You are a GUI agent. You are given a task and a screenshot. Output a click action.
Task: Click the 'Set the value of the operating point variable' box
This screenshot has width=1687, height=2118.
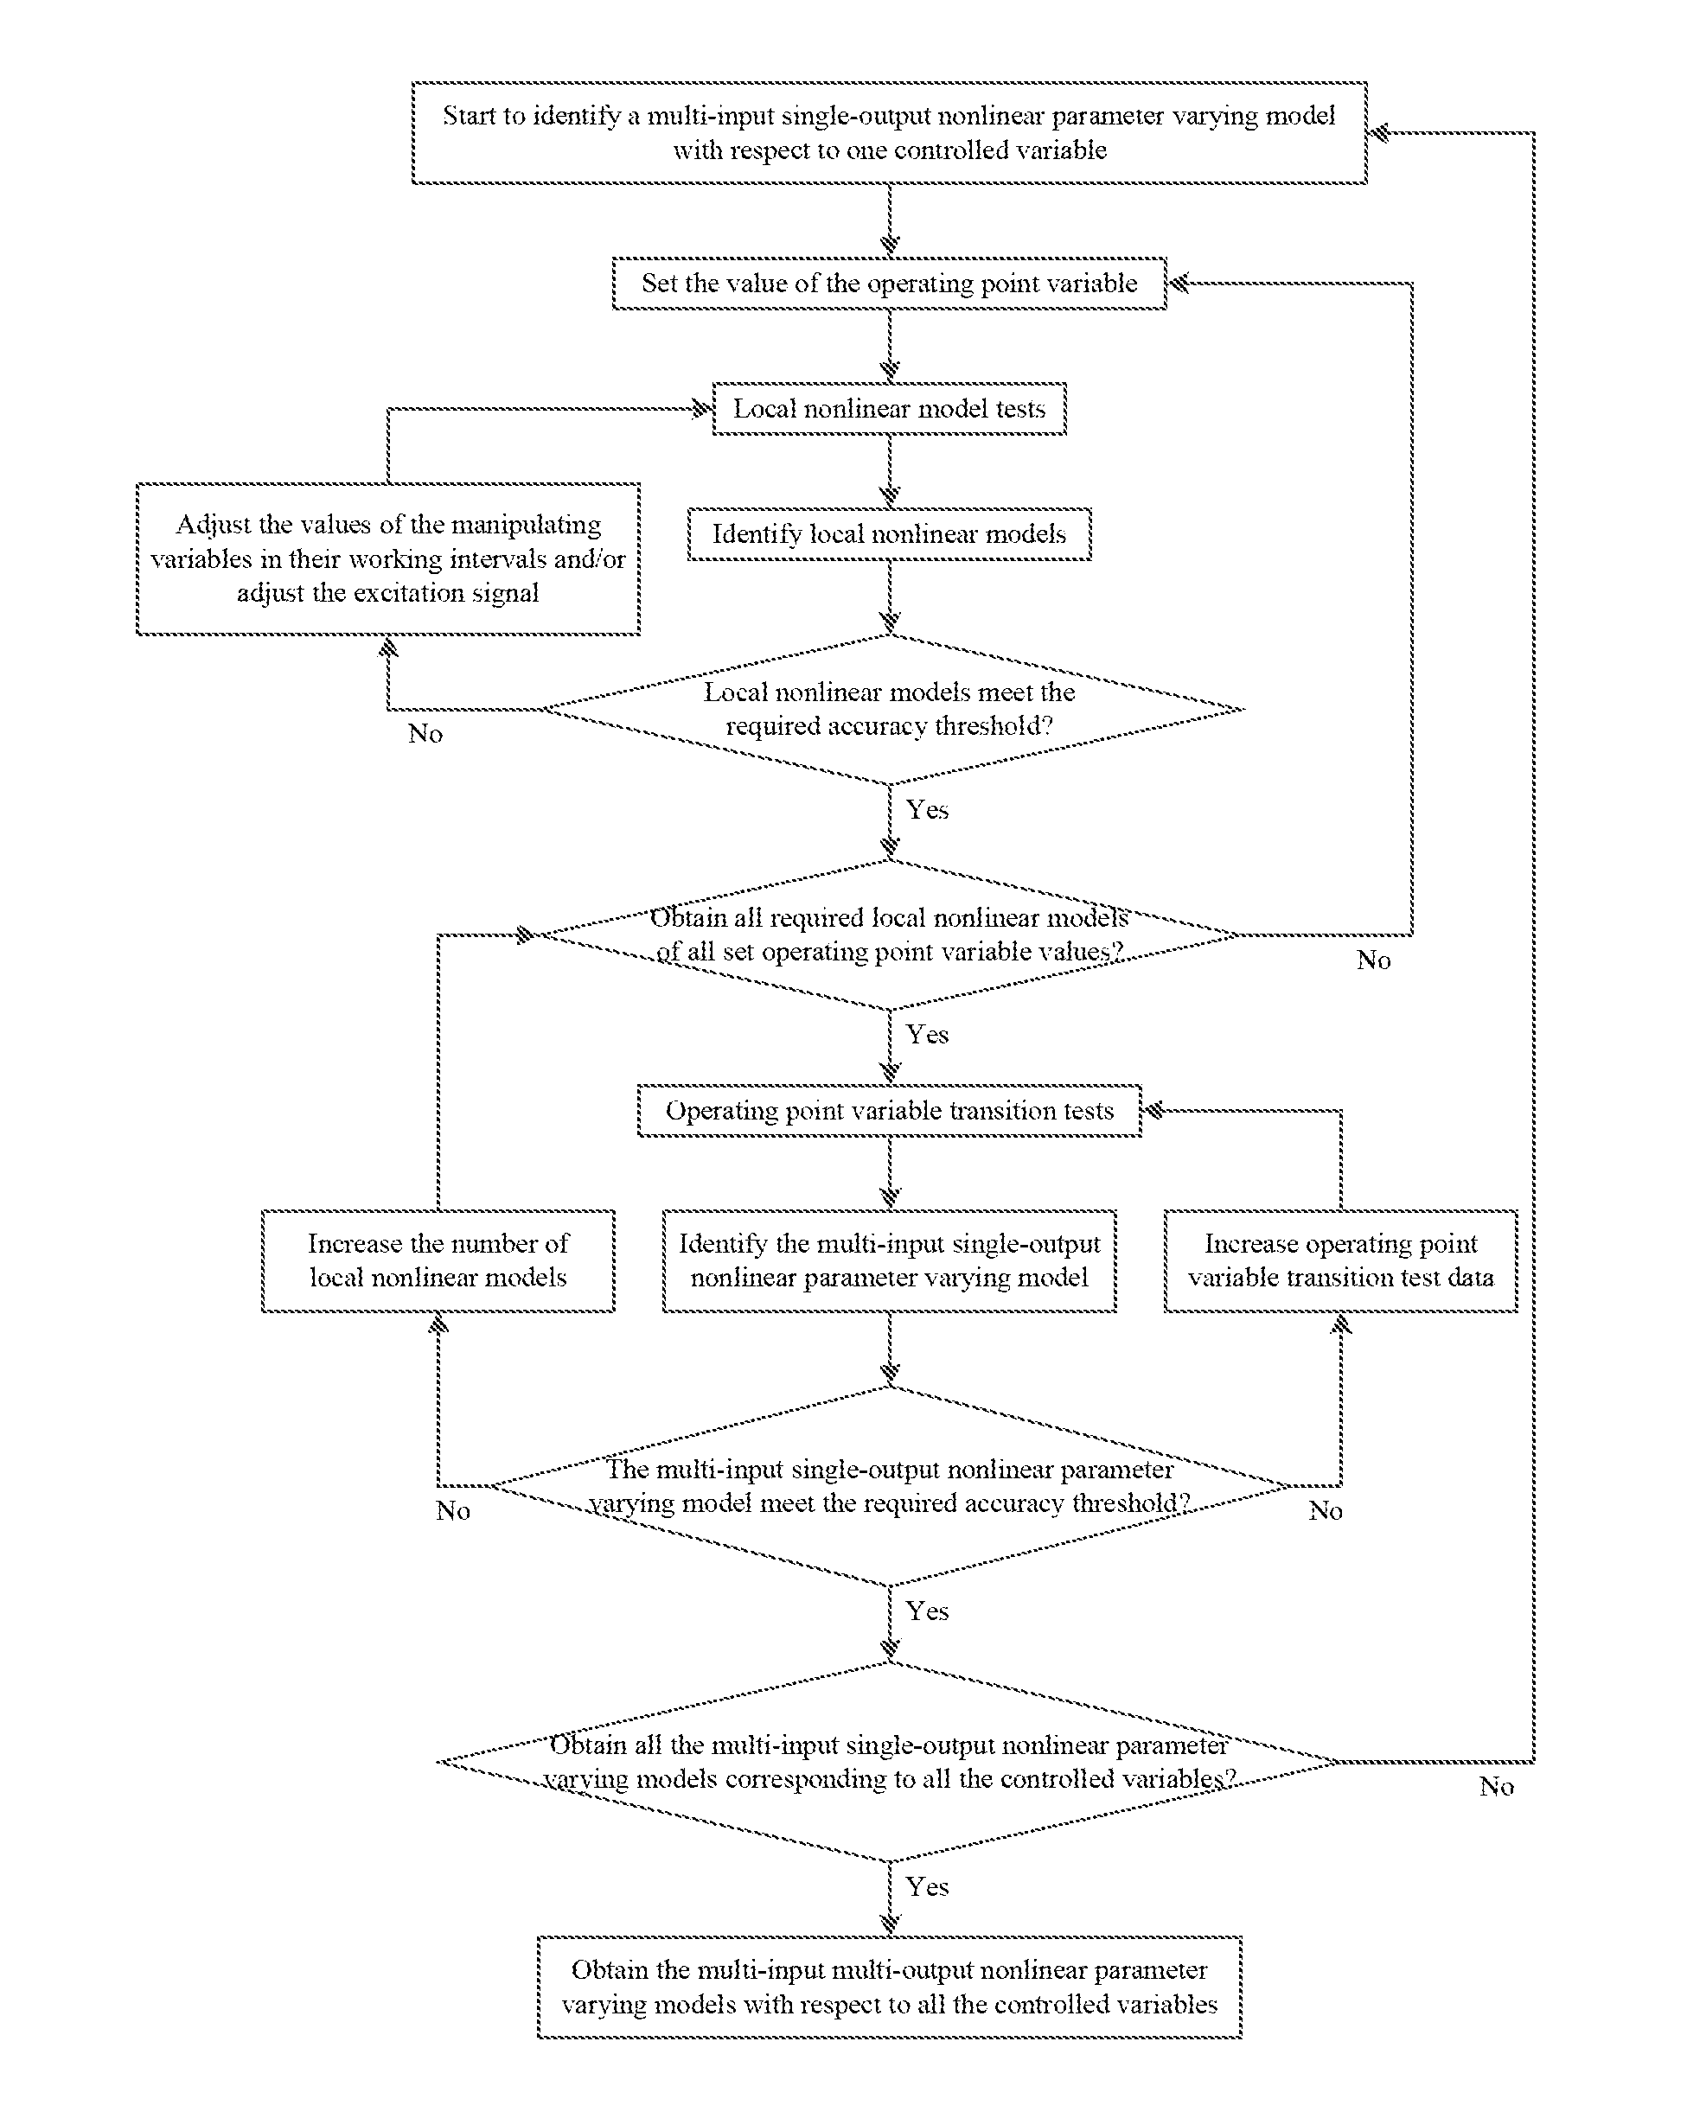[x=889, y=284]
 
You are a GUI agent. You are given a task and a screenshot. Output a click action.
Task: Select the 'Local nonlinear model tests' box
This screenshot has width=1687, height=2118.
[x=889, y=409]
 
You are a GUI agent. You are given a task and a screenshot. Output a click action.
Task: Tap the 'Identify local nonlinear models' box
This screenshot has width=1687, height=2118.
[x=889, y=534]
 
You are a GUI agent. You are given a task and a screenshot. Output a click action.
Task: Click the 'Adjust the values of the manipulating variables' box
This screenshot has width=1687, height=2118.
[x=388, y=559]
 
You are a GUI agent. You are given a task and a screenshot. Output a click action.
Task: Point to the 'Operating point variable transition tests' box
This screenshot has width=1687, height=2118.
[x=889, y=1111]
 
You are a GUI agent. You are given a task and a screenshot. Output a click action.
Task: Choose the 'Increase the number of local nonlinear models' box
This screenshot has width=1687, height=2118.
[x=438, y=1261]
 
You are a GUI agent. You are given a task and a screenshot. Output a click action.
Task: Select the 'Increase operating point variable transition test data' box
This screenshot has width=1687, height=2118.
[x=1341, y=1261]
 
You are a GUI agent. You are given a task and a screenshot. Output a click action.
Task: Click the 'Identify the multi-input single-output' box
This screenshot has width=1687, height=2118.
[x=889, y=1261]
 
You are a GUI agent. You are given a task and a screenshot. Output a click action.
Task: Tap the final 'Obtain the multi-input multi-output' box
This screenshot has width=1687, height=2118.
[x=889, y=1987]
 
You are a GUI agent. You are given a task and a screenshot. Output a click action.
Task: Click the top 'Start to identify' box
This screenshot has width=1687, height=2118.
[x=889, y=132]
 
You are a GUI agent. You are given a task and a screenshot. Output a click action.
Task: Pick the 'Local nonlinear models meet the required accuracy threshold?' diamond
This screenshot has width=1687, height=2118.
[x=889, y=709]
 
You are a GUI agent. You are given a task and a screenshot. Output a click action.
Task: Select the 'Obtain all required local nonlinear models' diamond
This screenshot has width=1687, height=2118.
[x=889, y=935]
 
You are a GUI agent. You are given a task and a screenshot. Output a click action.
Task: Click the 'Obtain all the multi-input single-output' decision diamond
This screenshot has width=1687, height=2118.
[x=889, y=1763]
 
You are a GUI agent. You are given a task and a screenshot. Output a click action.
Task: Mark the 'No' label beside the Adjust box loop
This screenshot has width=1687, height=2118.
[x=425, y=734]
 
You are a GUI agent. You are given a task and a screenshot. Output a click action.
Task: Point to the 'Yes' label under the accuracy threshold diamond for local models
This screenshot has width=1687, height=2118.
[x=928, y=809]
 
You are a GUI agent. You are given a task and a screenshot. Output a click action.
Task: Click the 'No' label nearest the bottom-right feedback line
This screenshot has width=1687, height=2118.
[x=1497, y=1787]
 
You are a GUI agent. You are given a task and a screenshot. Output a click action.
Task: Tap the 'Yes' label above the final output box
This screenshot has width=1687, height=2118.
[x=928, y=1886]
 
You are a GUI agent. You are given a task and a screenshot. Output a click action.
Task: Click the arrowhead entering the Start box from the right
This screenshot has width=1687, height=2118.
[x=1378, y=132]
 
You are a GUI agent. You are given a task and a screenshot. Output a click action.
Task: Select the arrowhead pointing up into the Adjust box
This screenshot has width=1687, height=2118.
[x=389, y=647]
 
